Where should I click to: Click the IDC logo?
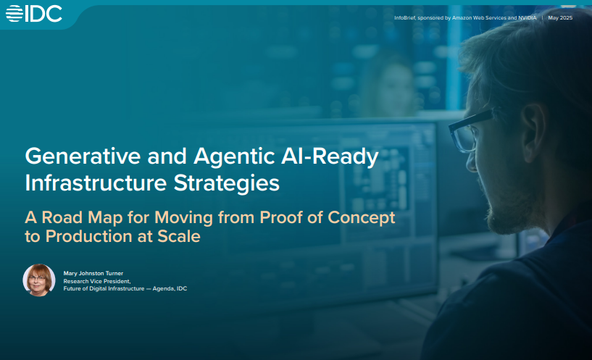tap(33, 14)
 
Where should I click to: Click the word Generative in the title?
tap(83, 156)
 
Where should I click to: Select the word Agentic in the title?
tap(234, 157)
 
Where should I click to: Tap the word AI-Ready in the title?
tap(330, 157)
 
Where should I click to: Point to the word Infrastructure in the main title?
tap(96, 183)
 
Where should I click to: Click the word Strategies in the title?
tap(227, 184)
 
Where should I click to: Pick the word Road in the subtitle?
tap(62, 218)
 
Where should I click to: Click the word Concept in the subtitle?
tap(362, 218)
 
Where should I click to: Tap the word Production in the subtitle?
tap(89, 237)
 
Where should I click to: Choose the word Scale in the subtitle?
tap(179, 237)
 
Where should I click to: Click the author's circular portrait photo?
tap(39, 280)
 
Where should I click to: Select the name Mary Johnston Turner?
tap(93, 273)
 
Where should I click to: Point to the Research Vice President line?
tap(97, 281)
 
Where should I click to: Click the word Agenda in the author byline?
tap(163, 289)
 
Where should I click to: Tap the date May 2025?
tap(560, 17)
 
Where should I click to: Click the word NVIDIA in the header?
tap(527, 17)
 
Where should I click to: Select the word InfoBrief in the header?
tap(405, 17)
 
